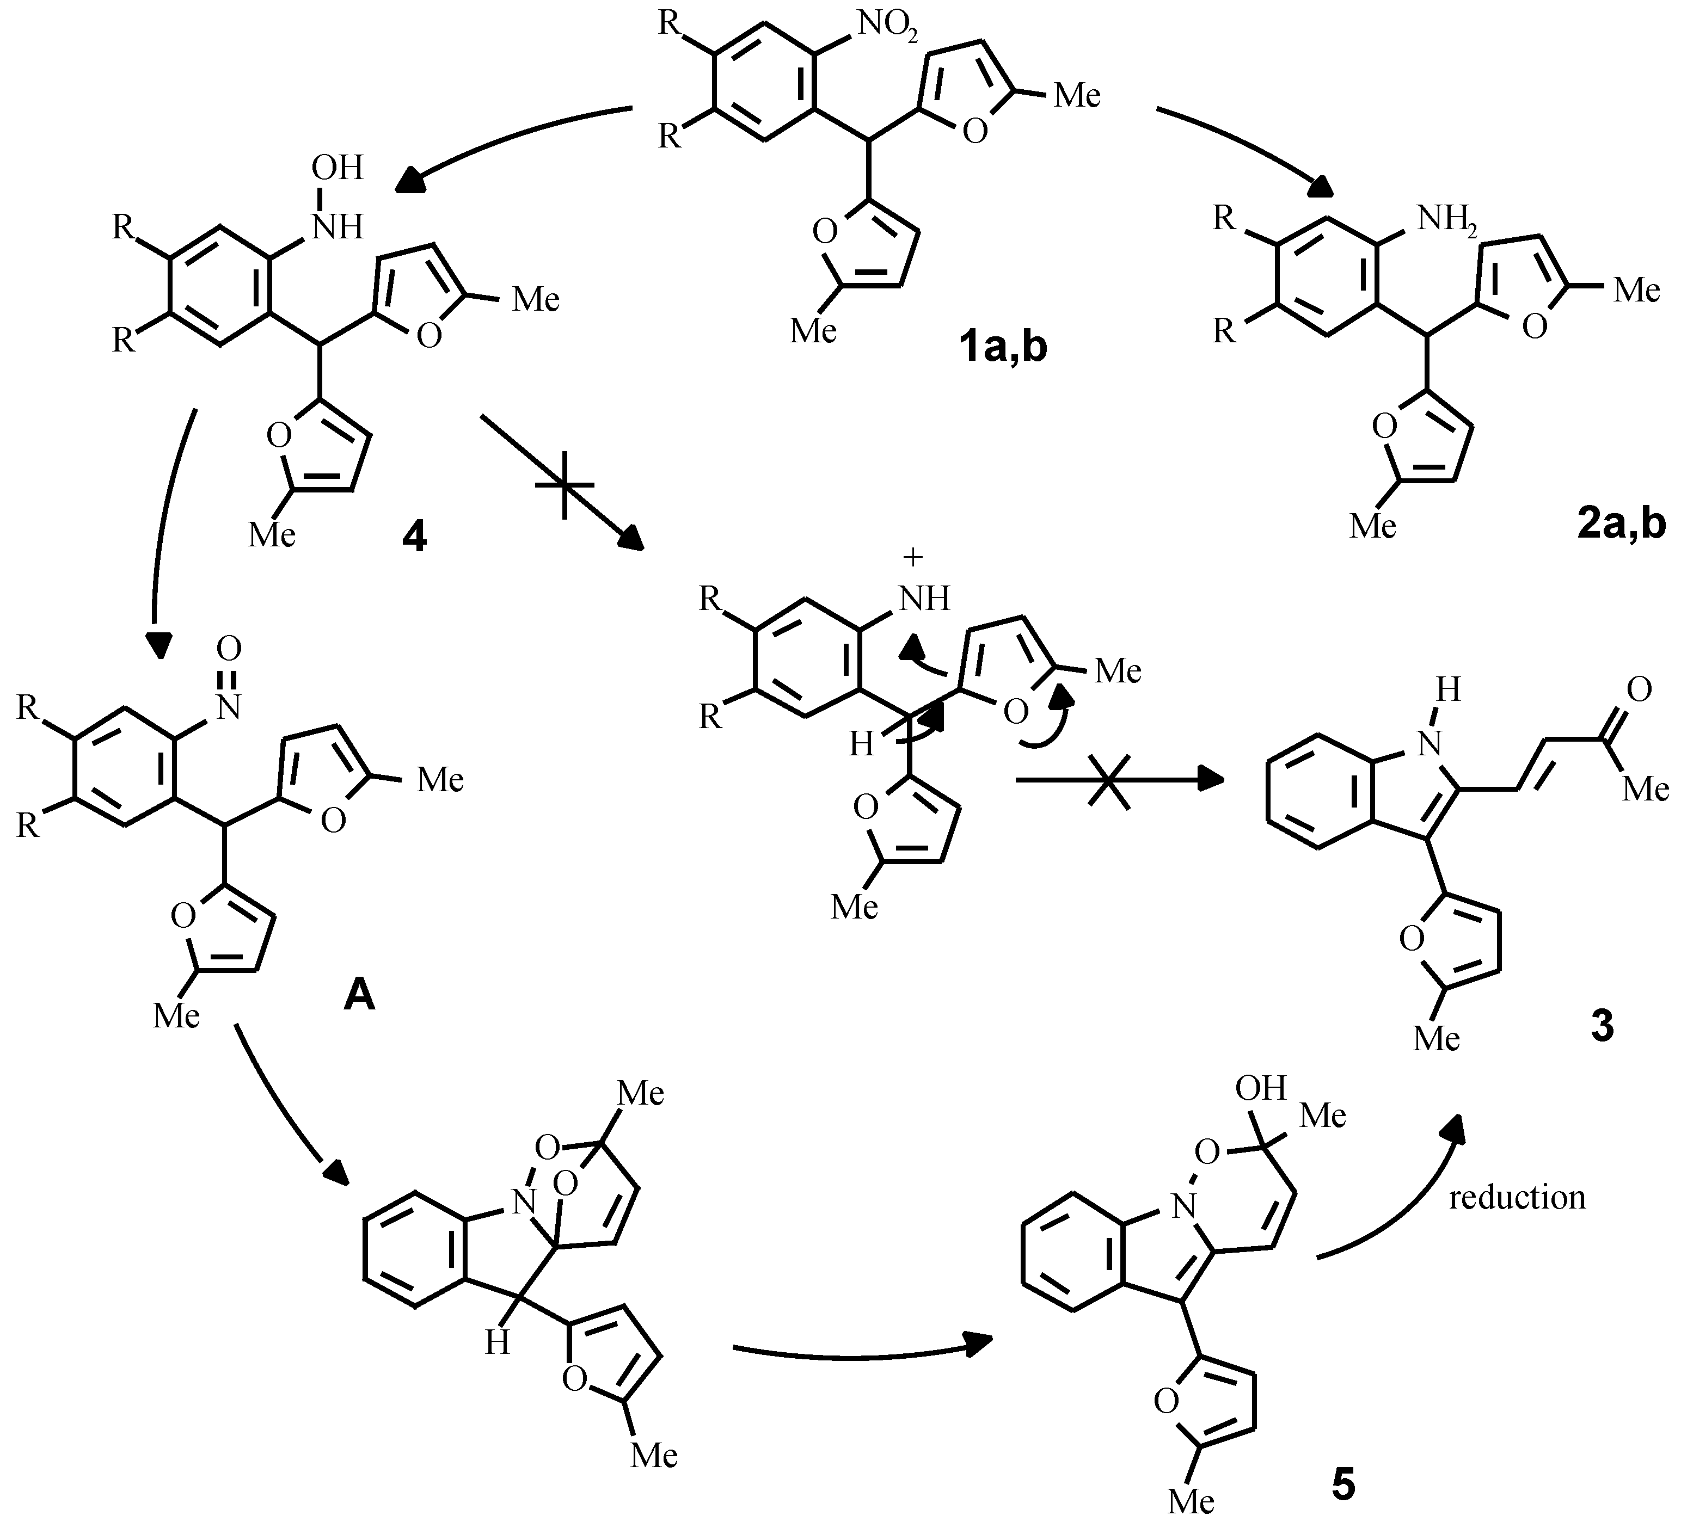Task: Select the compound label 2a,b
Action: click(x=1621, y=525)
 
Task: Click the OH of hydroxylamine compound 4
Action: click(x=337, y=168)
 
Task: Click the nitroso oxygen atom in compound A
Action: click(x=229, y=648)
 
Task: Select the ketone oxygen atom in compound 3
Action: click(x=1637, y=688)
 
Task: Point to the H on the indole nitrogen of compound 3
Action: click(x=1447, y=690)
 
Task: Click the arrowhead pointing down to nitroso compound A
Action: click(x=158, y=644)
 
